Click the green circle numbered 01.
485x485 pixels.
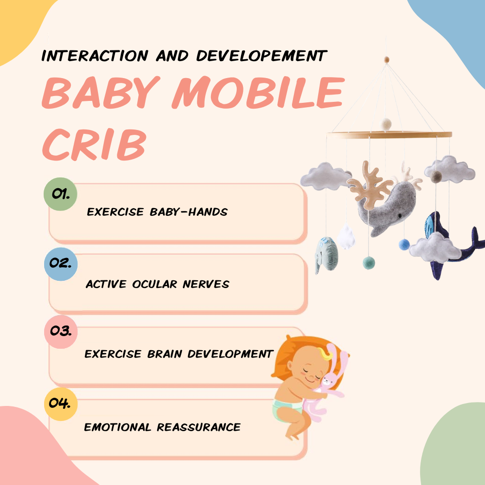pos(60,194)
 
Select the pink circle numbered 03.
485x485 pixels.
pos(61,332)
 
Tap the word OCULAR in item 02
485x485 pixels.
pos(155,284)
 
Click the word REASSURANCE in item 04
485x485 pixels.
pos(199,427)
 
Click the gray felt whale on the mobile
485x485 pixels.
pos(383,209)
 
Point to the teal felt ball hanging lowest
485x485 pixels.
pos(369,262)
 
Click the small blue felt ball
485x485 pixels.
pos(404,244)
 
